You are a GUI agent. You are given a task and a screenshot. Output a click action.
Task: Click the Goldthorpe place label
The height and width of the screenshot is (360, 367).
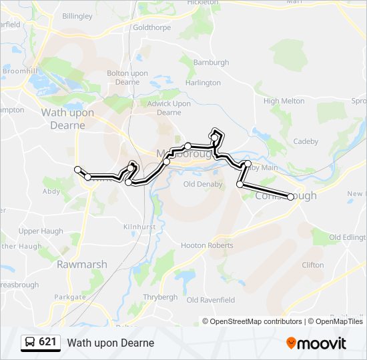pyautogui.click(x=152, y=28)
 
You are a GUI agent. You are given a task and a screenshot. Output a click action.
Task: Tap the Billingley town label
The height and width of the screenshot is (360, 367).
pyautogui.click(x=77, y=15)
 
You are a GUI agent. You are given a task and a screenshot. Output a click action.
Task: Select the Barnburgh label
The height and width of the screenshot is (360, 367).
pyautogui.click(x=211, y=63)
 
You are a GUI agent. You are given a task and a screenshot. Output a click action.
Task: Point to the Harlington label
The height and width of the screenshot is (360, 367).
pyautogui.click(x=203, y=83)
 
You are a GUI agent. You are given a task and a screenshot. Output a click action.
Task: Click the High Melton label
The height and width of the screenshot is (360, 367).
pyautogui.click(x=284, y=101)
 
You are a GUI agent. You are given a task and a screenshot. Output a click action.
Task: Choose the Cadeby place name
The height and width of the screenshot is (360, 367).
pyautogui.click(x=306, y=141)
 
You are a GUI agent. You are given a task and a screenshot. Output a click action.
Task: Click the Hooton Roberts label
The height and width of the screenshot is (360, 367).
pyautogui.click(x=207, y=245)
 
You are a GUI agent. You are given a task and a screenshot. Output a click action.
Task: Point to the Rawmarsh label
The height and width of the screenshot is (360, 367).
pyautogui.click(x=81, y=264)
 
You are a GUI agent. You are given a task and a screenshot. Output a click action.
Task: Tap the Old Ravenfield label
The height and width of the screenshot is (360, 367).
pyautogui.click(x=212, y=300)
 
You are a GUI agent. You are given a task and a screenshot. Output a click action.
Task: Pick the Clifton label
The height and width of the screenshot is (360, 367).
pyautogui.click(x=312, y=265)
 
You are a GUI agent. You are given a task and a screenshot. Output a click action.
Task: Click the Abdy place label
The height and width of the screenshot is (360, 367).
pyautogui.click(x=51, y=191)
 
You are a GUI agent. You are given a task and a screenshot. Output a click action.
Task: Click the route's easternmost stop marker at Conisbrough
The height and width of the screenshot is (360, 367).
pyautogui.click(x=290, y=197)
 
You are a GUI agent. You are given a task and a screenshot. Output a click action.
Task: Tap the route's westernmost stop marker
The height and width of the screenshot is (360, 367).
pyautogui.click(x=78, y=169)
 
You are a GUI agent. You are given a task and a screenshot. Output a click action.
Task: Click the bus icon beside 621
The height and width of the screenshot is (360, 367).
pyautogui.click(x=30, y=343)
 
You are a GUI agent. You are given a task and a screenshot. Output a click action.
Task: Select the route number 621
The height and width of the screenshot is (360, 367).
pyautogui.click(x=47, y=342)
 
